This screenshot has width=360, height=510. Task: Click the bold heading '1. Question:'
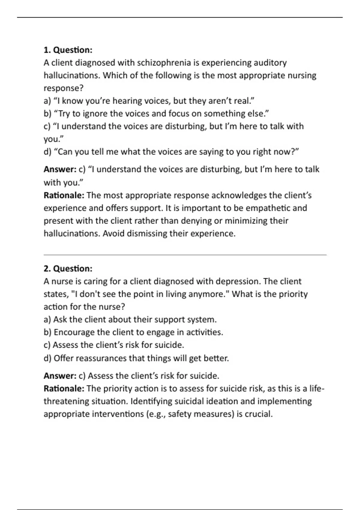[x=68, y=50]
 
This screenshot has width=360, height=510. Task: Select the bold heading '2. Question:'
[x=68, y=268]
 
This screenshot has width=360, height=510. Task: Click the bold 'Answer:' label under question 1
[x=60, y=169]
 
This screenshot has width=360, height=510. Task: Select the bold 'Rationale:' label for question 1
[x=64, y=195]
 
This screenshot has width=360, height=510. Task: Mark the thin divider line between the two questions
[x=185, y=255]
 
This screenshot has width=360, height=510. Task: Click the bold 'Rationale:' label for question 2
[x=64, y=389]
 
